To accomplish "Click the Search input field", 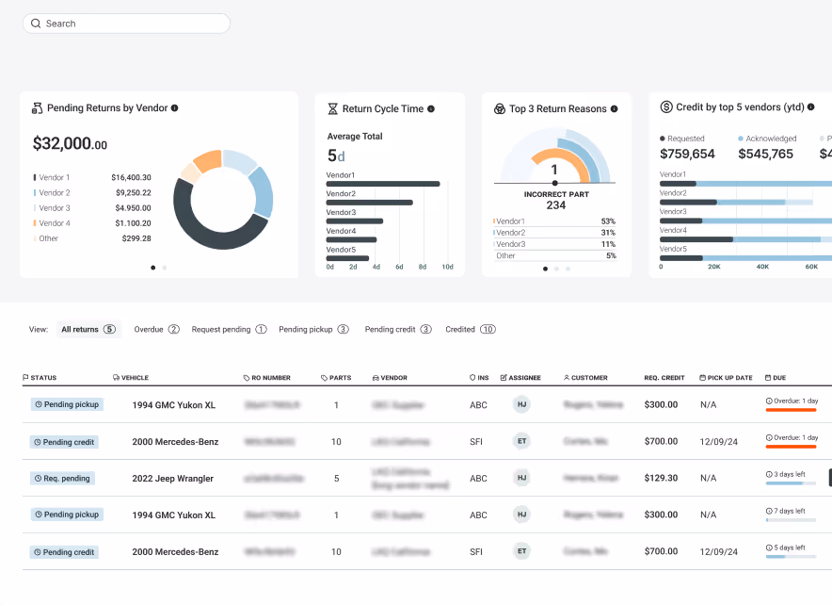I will (x=127, y=24).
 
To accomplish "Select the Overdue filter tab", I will (x=156, y=330).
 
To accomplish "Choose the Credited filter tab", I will (x=470, y=330).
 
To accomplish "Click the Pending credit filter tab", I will (x=397, y=330).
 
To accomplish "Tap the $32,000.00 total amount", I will (x=70, y=144).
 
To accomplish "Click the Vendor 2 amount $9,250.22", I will (x=131, y=192).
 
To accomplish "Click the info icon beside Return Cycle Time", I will (x=431, y=109).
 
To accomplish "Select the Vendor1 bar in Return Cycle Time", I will (x=383, y=184).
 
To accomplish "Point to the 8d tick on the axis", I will (x=423, y=267).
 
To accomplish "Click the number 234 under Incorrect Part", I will (x=555, y=204).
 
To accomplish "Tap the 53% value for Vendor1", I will (x=608, y=221).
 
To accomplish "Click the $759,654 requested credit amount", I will (x=687, y=154).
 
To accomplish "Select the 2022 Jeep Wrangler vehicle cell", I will (x=172, y=479).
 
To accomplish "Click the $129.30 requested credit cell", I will (x=661, y=478).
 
